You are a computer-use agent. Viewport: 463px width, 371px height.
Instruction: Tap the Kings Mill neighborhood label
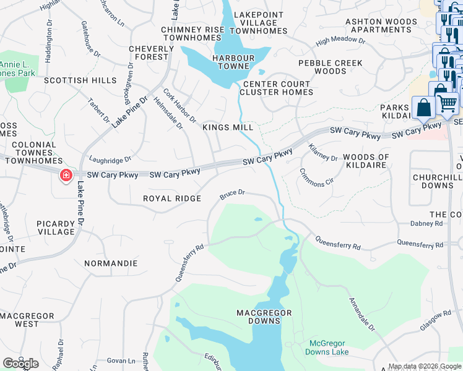point(228,127)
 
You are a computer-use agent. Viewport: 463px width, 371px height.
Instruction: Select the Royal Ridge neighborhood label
point(172,198)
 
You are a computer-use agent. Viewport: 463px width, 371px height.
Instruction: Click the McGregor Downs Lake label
point(327,348)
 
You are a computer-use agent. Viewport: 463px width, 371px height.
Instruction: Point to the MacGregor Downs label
point(264,317)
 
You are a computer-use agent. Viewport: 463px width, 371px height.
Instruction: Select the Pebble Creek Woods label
point(330,67)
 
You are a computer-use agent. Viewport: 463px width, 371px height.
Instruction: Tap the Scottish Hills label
point(80,80)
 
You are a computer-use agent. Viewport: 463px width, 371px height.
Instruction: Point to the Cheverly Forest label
point(152,53)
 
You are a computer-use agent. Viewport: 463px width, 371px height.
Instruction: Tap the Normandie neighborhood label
point(111,263)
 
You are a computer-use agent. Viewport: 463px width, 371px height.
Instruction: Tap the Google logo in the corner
point(20,363)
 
